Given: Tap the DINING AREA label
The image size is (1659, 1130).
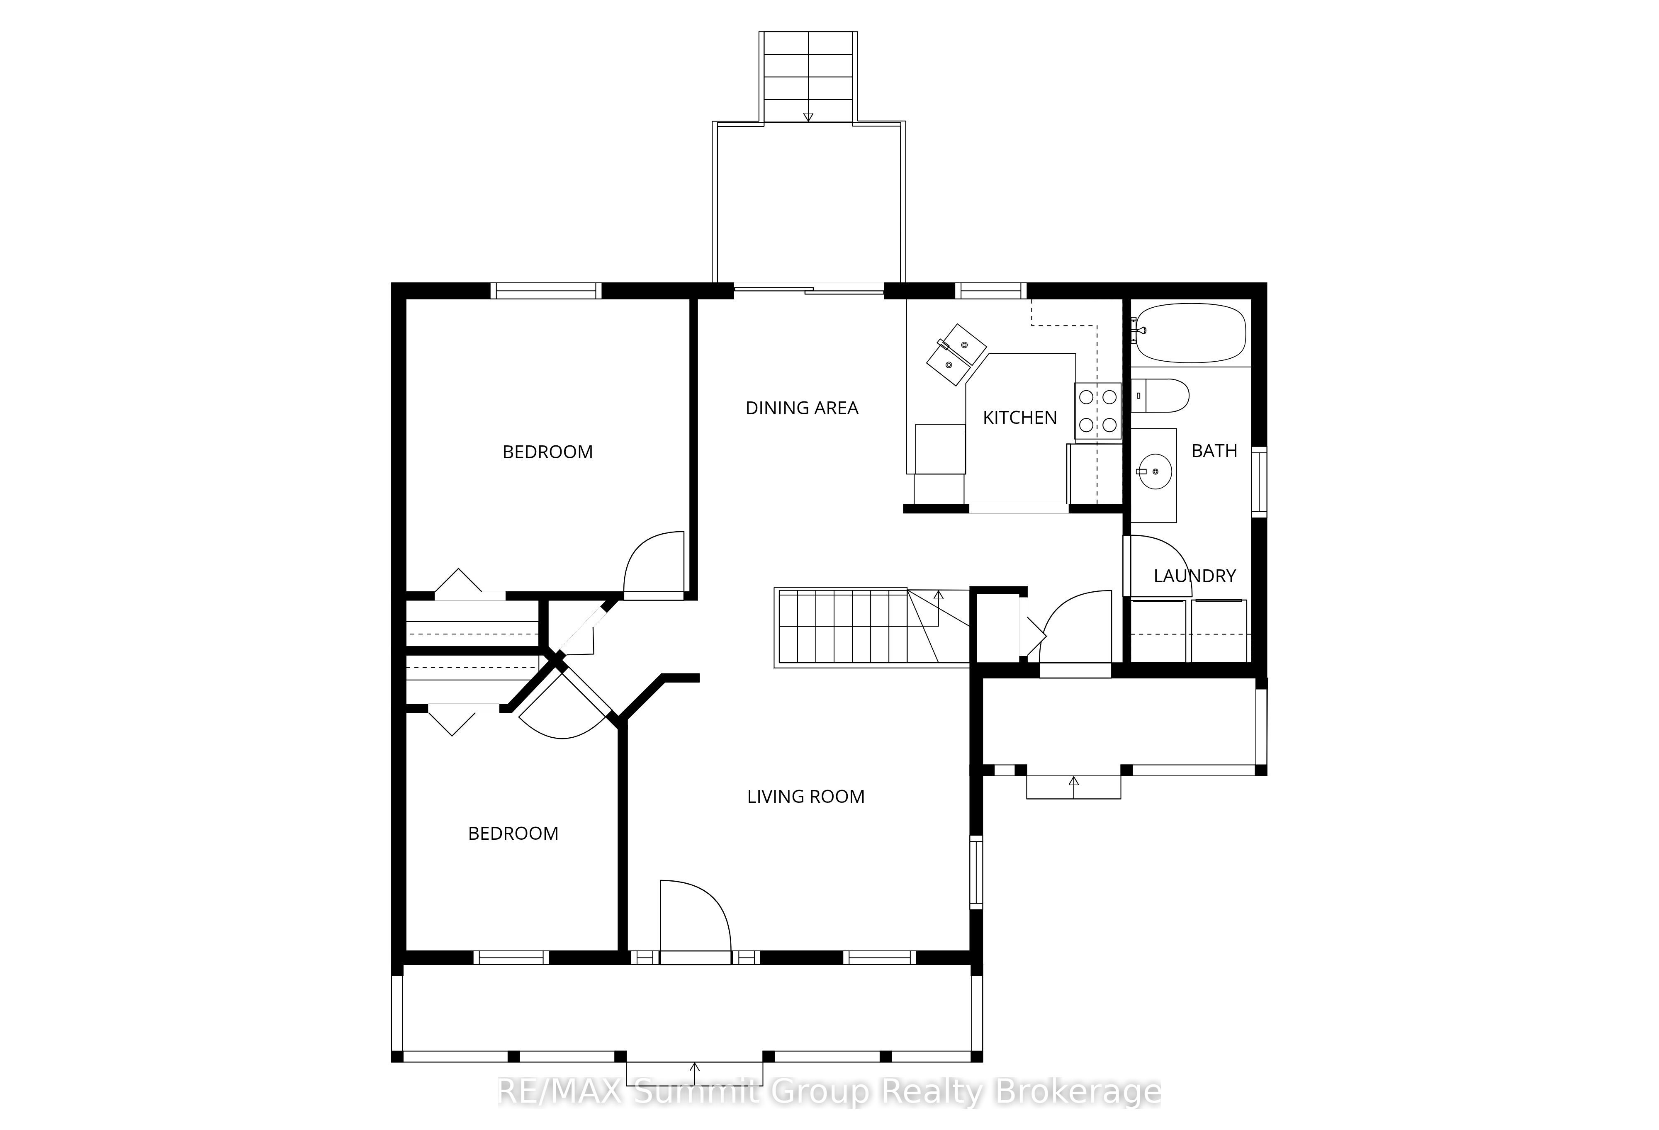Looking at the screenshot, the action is pyautogui.click(x=802, y=408).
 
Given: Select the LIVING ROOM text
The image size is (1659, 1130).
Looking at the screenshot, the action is pyautogui.click(x=806, y=797).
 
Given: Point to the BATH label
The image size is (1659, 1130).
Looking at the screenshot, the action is pyautogui.click(x=1214, y=451).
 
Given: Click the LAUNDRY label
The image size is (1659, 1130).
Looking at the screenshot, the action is pyautogui.click(x=1195, y=576).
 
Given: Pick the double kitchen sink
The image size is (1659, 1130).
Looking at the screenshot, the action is pyautogui.click(x=956, y=355).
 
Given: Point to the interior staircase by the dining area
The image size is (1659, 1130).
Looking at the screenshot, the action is pyautogui.click(x=872, y=627).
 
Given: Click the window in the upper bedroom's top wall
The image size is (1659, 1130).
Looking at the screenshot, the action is pyautogui.click(x=546, y=291).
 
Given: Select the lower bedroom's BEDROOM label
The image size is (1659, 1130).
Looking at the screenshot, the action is pyautogui.click(x=513, y=834).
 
